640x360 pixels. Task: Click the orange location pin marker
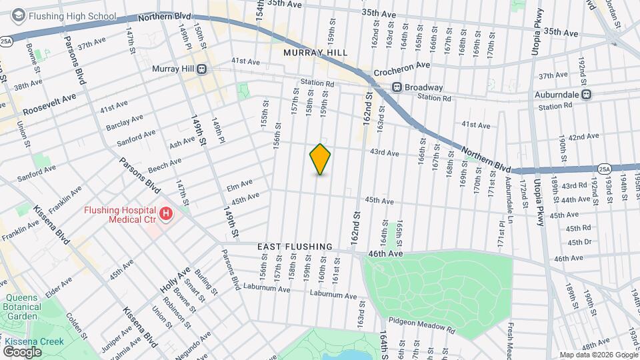pos(320,159)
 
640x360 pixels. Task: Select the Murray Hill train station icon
pos(201,69)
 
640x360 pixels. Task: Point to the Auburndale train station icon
pos(587,94)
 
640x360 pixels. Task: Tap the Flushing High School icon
pos(19,16)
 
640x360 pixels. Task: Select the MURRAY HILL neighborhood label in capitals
pos(311,53)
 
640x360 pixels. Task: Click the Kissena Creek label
pos(34,342)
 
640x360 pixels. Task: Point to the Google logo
pos(23,352)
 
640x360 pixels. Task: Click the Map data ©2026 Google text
pos(597,355)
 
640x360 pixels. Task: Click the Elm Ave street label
pos(240,183)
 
